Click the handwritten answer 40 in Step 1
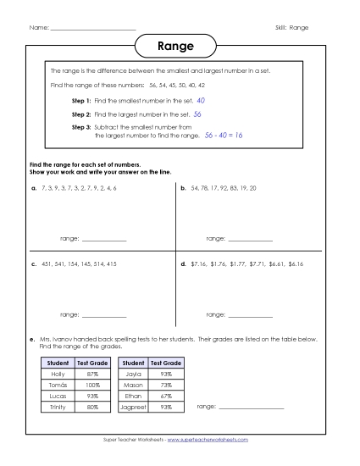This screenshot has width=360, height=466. point(201,100)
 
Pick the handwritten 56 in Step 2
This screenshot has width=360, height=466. point(197,113)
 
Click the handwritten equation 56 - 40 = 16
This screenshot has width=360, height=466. point(224,135)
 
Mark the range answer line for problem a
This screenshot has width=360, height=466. point(103,241)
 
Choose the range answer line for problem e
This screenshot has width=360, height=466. point(251,408)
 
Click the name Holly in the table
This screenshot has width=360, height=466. point(58,374)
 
